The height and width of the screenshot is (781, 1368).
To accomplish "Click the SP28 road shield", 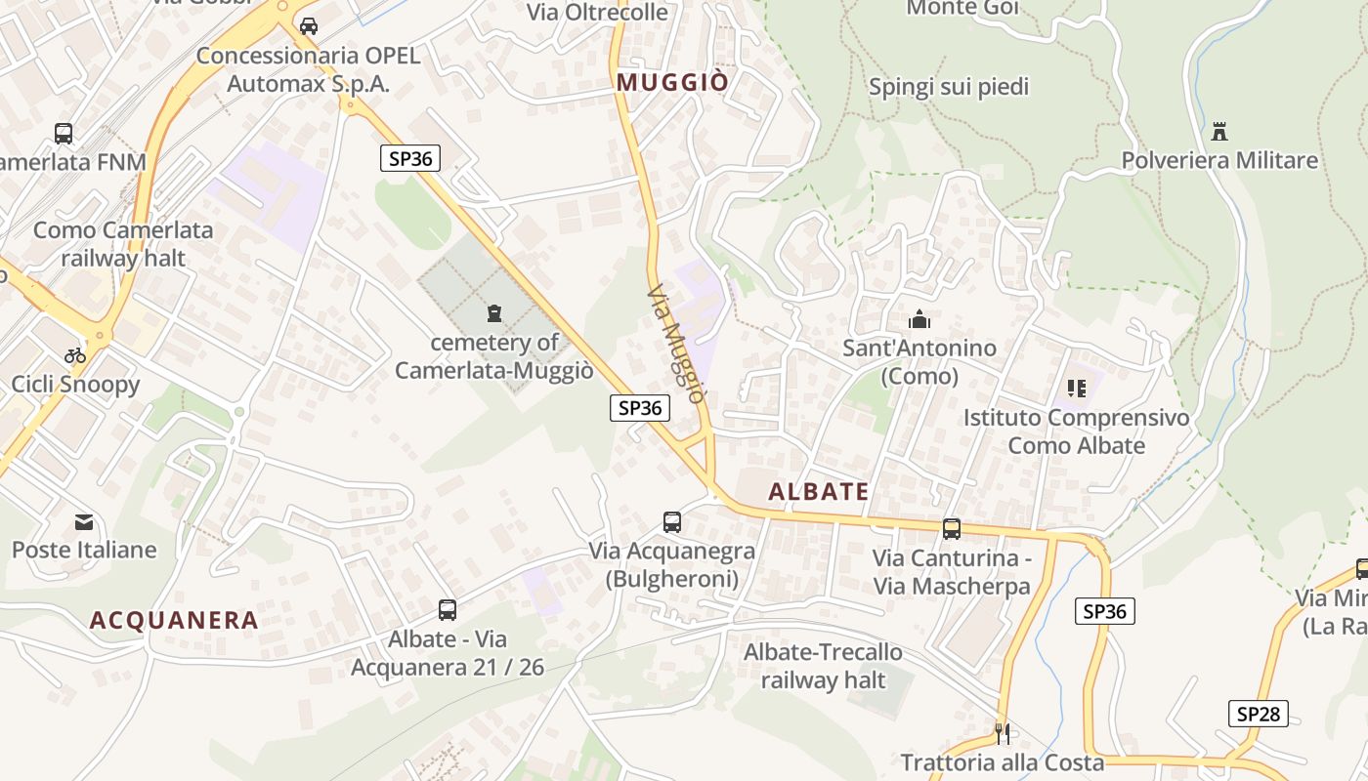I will pos(1258,714).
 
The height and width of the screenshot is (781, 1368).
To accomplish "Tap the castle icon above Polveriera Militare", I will pos(1218,131).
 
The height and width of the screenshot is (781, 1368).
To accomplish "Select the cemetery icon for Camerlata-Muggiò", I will pos(494,313).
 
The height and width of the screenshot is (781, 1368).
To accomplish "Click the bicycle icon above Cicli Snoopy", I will pos(75,355).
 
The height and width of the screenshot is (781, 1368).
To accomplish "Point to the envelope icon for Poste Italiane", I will pos(84,522).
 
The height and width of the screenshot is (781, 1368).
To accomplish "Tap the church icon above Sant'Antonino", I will pos(919,319).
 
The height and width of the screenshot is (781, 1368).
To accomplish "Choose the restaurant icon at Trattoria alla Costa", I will pos(1002,733).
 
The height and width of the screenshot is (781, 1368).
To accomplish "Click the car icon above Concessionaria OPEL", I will pos(309,26).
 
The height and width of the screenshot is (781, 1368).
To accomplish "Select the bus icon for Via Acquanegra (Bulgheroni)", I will pos(672,522).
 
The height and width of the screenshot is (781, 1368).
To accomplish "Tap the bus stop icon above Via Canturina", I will pos(952,529).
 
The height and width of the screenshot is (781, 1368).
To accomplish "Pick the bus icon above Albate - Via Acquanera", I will pos(448,610).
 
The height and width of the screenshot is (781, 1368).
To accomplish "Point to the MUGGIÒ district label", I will pos(672,83).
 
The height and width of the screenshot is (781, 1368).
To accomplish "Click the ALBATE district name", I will pos(819,492).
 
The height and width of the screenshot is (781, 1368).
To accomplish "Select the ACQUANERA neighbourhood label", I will pos(174,620).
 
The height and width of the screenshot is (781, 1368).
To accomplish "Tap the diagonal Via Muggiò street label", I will pos(675,344).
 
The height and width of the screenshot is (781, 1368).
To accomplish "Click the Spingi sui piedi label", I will pos(949,87).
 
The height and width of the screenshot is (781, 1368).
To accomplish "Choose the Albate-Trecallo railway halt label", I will pos(823,666).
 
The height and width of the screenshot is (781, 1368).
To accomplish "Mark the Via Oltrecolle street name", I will pos(597,13).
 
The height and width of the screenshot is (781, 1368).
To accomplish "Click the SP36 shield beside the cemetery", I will pos(640,408).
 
